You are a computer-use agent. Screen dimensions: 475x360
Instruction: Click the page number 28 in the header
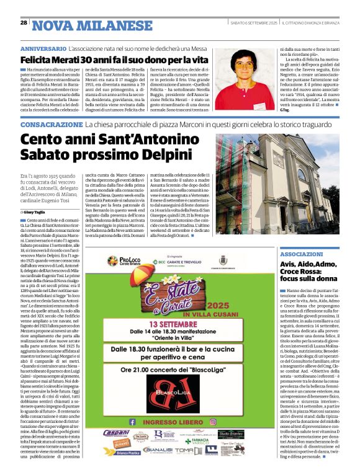click(24, 22)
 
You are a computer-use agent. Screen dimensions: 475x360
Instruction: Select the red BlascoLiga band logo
click(183, 394)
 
